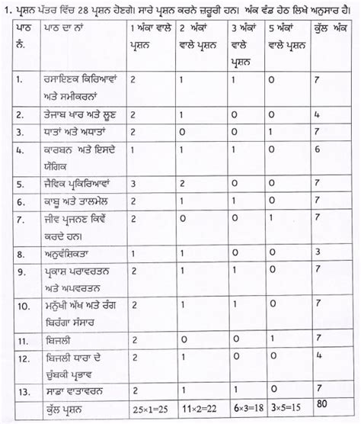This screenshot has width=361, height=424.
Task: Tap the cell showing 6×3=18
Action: pos(246,405)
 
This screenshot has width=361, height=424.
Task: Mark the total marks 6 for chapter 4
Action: pos(315,150)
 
